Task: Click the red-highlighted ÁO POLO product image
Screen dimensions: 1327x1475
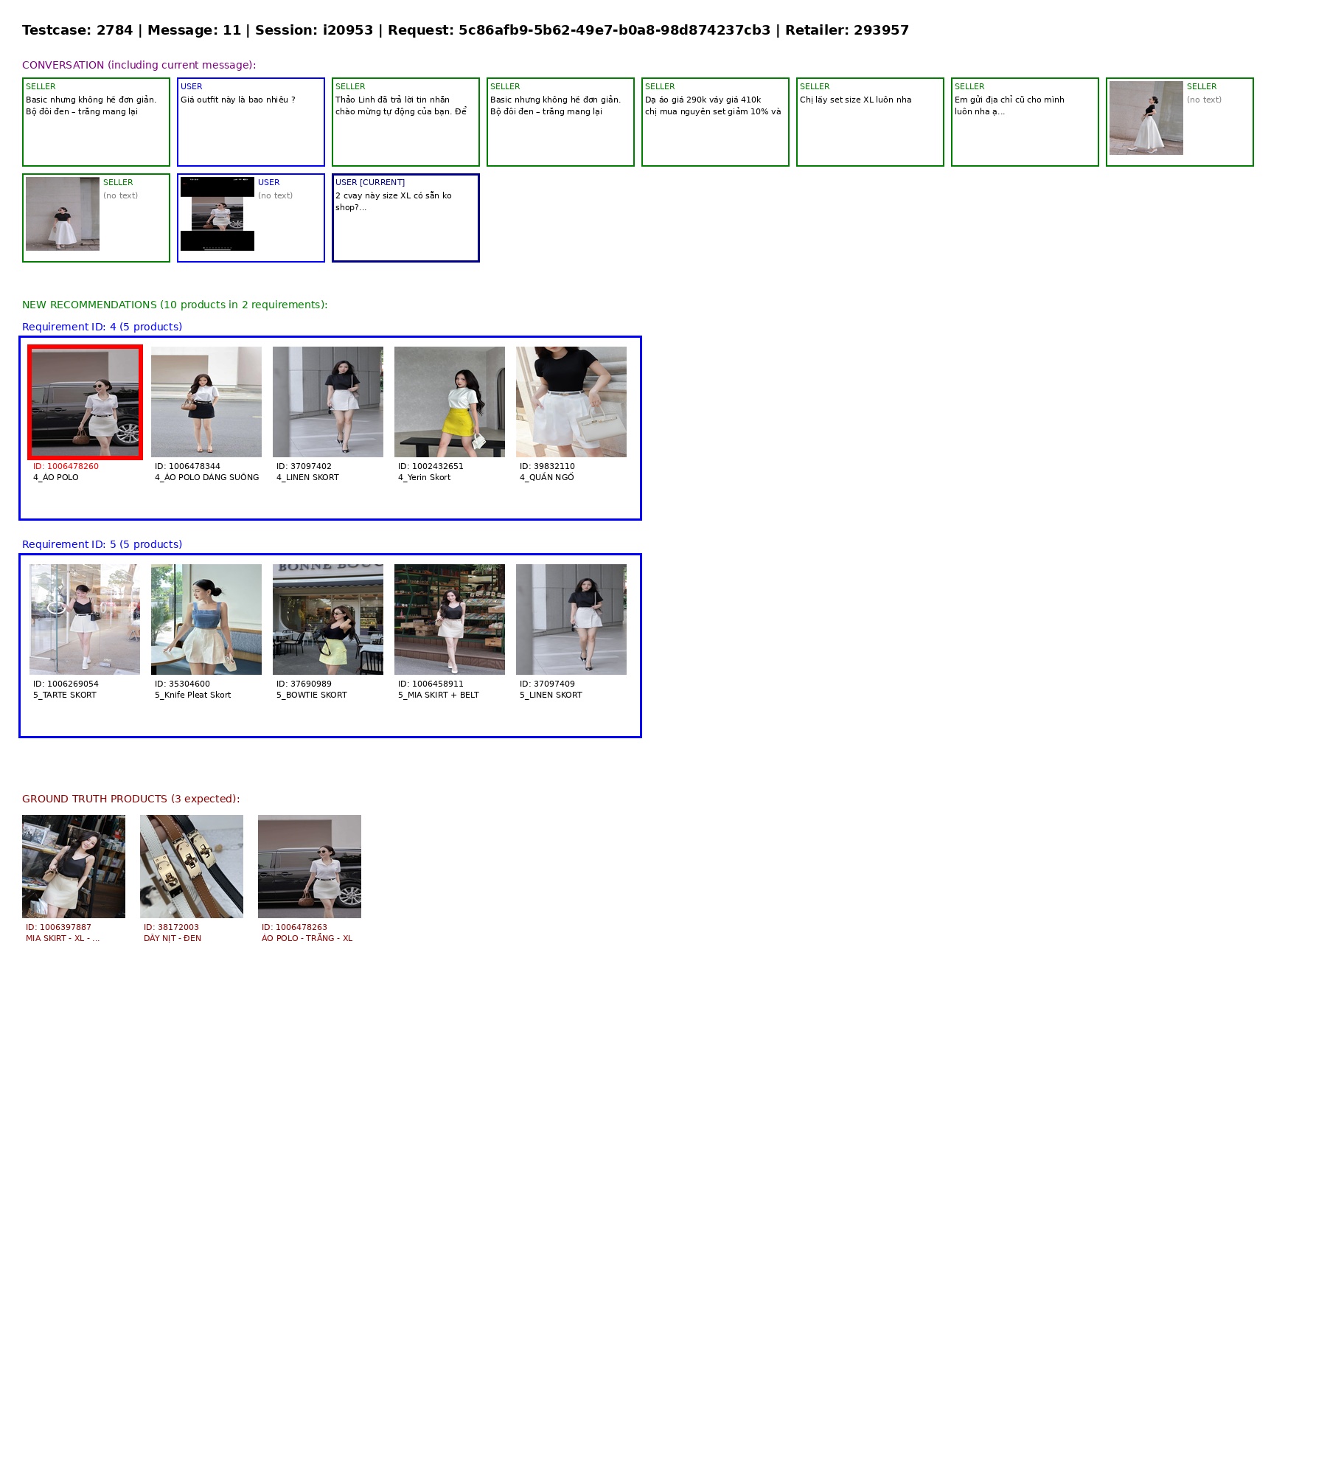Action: click(x=85, y=402)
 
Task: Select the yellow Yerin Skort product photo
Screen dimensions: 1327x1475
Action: click(x=450, y=402)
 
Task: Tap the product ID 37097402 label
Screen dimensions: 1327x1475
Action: click(x=304, y=466)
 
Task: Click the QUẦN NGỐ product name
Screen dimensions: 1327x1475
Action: click(x=547, y=477)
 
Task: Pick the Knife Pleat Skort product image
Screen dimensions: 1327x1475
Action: click(x=206, y=619)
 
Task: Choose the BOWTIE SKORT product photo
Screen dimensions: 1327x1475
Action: click(x=328, y=619)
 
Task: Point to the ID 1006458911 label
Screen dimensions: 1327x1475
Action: click(x=431, y=684)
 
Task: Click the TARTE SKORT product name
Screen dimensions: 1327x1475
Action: click(x=65, y=695)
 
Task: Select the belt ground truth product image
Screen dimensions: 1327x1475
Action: click(x=192, y=867)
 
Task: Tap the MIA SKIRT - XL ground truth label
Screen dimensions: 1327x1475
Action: click(x=63, y=938)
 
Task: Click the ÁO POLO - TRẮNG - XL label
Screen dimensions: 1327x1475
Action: click(x=307, y=938)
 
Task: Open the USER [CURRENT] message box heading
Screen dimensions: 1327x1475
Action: click(x=370, y=182)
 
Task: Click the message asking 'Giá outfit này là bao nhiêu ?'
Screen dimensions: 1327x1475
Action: click(x=238, y=100)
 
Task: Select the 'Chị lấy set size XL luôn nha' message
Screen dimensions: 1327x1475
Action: click(x=855, y=100)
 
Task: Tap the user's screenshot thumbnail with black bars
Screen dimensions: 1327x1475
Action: click(x=217, y=214)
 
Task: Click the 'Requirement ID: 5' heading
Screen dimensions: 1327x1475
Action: click(x=102, y=544)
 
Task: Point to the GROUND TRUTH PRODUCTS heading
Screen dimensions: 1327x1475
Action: click(x=130, y=799)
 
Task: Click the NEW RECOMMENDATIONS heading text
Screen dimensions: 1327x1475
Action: click(x=175, y=305)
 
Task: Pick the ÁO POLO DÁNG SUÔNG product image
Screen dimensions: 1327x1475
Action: click(x=206, y=402)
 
